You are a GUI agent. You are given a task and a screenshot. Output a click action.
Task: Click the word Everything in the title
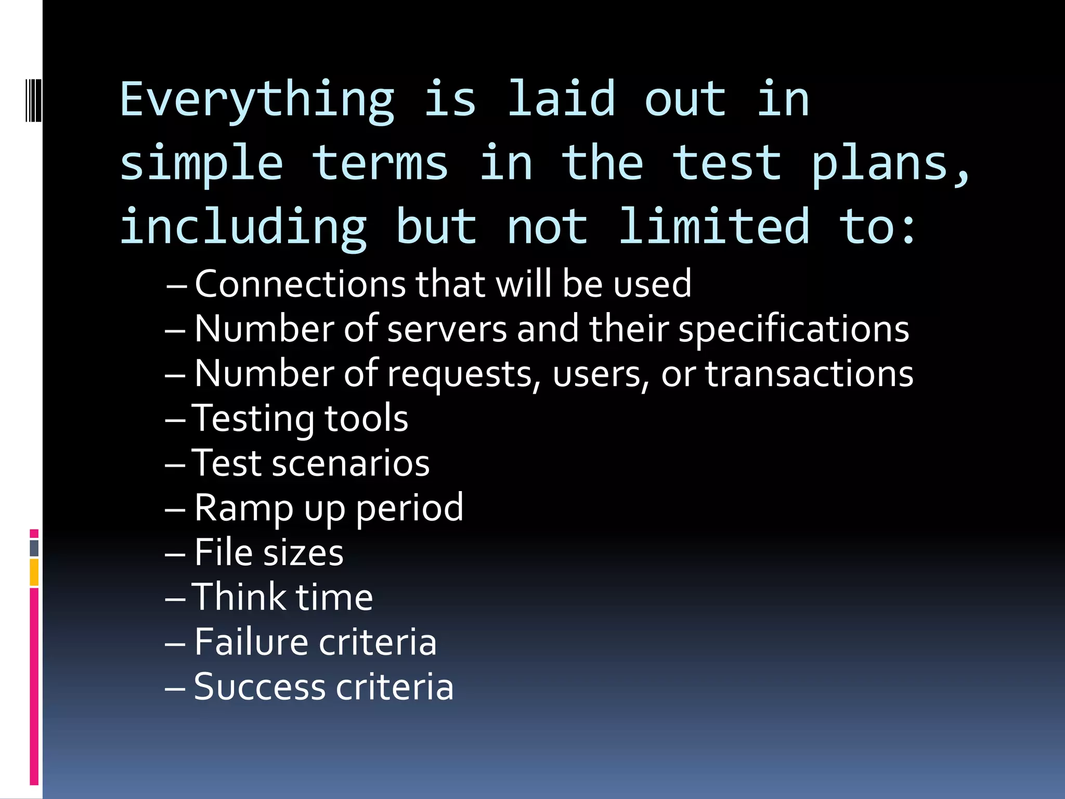pyautogui.click(x=257, y=100)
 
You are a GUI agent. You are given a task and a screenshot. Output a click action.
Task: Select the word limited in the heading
pyautogui.click(x=714, y=227)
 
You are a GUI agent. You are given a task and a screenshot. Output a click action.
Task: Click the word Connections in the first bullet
pyautogui.click(x=300, y=284)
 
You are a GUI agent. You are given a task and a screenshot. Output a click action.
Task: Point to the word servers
pyautogui.click(x=447, y=329)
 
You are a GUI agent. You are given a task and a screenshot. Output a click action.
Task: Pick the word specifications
pyautogui.click(x=794, y=329)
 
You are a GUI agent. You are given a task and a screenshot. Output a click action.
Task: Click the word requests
pyautogui.click(x=464, y=375)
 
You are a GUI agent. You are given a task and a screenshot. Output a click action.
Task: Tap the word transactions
pyautogui.click(x=809, y=375)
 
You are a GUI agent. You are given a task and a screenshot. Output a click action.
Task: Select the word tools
pyautogui.click(x=366, y=419)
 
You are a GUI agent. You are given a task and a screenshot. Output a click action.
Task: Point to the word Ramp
pyautogui.click(x=243, y=508)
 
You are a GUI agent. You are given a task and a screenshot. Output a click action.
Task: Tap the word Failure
pyautogui.click(x=251, y=642)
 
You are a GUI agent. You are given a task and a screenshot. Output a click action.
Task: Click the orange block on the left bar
pyautogui.click(x=34, y=573)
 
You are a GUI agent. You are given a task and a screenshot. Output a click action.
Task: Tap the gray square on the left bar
pyautogui.click(x=34, y=548)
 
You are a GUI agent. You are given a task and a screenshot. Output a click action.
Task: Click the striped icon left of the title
pyautogui.click(x=33, y=100)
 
